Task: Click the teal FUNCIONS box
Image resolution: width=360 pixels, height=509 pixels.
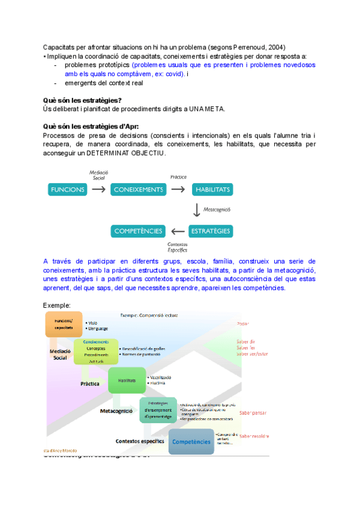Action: pos(68,190)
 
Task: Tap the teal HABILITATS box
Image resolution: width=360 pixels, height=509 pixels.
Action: pos(212,190)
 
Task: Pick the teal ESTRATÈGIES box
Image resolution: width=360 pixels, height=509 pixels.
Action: pos(210,230)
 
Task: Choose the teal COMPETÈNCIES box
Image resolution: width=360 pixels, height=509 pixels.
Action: pos(137,230)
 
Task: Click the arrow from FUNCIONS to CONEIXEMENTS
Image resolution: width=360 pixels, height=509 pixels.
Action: pos(99,190)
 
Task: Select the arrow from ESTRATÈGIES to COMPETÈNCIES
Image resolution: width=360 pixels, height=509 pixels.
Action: pos(178,230)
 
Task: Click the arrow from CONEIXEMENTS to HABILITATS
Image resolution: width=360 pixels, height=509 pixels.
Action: pos(178,190)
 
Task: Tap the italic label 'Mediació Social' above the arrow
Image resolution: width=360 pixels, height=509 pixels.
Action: pos(98,175)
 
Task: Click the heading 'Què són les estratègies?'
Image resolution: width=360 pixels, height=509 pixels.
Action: pos(83,100)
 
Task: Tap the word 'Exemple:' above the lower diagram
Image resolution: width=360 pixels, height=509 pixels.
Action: pos(57,306)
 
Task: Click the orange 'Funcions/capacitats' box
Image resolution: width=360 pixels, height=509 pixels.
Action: pos(64,324)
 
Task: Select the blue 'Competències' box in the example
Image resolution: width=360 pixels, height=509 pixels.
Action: pos(191,441)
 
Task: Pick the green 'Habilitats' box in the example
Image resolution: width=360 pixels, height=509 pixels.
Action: pos(127,381)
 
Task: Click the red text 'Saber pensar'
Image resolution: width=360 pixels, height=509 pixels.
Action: pos(252,413)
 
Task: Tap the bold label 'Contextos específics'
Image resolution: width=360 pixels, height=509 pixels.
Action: pos(140,441)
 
